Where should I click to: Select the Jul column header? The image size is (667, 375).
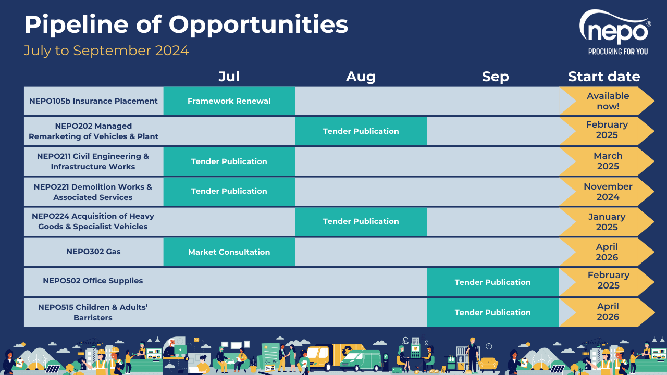(x=229, y=77)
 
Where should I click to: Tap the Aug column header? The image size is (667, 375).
(x=361, y=77)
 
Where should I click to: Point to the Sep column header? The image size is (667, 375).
(x=495, y=77)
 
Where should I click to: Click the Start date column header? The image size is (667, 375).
(x=604, y=77)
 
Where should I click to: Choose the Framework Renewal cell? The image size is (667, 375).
(x=229, y=101)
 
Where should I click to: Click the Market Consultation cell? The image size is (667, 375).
(x=229, y=252)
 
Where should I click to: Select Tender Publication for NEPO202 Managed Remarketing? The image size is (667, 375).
(x=361, y=131)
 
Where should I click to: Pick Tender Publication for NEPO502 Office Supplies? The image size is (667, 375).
(x=492, y=282)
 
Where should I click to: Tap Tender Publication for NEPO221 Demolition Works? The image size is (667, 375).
(x=229, y=191)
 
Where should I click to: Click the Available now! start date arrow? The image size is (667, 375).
(x=608, y=101)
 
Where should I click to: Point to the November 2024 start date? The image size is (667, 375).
(x=608, y=191)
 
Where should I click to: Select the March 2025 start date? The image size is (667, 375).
(x=608, y=161)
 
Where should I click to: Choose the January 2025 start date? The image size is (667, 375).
(x=607, y=222)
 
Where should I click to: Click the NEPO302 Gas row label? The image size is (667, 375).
(x=93, y=252)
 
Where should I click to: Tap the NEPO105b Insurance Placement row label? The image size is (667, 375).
(x=93, y=101)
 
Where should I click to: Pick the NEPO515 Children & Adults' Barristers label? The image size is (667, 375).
(x=93, y=312)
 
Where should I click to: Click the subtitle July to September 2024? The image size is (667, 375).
(x=106, y=51)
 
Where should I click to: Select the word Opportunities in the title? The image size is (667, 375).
(x=258, y=24)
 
